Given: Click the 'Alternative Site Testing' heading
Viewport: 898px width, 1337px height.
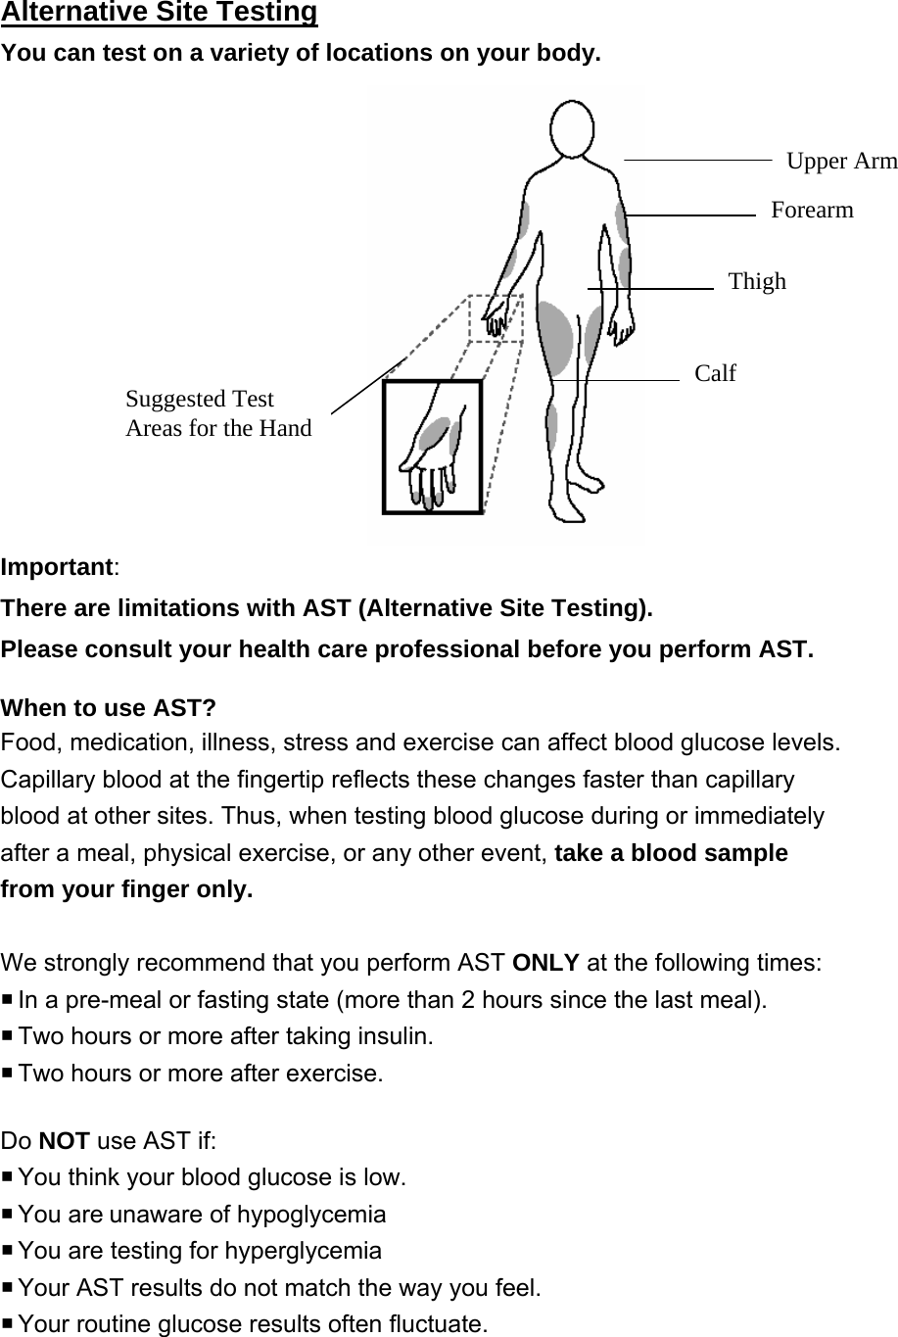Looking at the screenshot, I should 160,13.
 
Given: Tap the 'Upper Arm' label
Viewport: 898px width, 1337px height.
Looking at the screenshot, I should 841,161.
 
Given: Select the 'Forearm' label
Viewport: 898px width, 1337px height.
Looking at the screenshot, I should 812,210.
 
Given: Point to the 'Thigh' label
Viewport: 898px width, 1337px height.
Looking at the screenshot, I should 757,282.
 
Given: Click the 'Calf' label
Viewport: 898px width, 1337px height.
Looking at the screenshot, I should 715,373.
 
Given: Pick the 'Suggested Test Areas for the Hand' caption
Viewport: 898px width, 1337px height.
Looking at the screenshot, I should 218,413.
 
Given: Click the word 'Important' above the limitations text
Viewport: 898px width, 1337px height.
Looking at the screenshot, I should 58,567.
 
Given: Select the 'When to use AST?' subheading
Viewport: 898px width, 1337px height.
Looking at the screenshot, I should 109,707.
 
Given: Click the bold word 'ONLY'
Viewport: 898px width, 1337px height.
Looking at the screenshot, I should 545,962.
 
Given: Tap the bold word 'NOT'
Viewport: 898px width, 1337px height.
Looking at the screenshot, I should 71,1140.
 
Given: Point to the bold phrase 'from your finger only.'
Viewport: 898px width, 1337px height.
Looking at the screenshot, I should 127,890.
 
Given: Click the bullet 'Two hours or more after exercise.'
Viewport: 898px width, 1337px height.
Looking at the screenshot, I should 201,1074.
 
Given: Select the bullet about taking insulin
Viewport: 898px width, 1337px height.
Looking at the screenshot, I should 225,1036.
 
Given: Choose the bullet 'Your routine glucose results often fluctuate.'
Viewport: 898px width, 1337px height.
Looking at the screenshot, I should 253,1325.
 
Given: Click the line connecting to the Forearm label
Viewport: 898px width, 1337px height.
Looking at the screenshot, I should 690,214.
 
